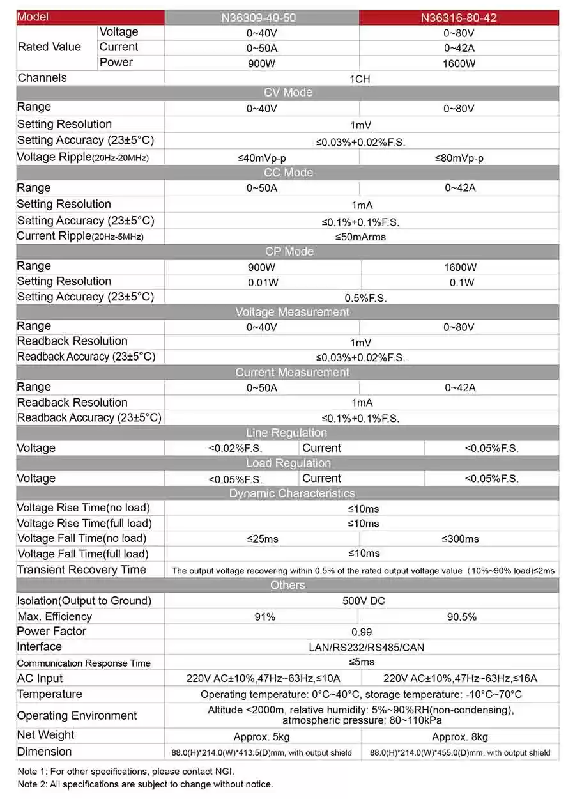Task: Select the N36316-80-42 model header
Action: point(459,18)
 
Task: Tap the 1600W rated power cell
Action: point(459,63)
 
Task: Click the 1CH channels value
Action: point(360,79)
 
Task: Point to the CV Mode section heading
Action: point(288,93)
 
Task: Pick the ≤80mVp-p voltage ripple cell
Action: point(459,158)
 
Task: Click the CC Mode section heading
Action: point(288,173)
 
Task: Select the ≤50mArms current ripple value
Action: point(360,237)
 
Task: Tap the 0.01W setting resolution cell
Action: point(263,282)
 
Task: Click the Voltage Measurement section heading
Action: point(292,312)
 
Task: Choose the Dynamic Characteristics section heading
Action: point(291,493)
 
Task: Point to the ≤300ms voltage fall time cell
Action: point(460,539)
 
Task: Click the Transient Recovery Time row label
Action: point(82,570)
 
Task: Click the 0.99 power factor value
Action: point(362,632)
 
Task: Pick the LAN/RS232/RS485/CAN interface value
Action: point(362,648)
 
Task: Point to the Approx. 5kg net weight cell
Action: point(262,736)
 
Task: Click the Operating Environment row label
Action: point(77,716)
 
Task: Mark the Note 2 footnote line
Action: point(145,784)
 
